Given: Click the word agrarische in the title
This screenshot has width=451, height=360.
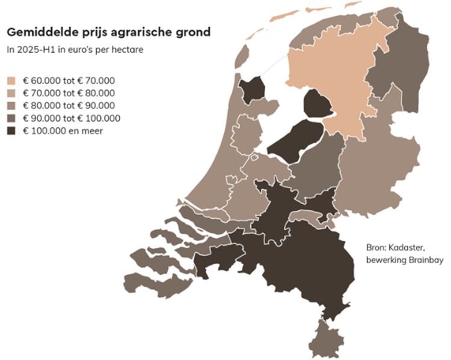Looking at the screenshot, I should pyautogui.click(x=134, y=32).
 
